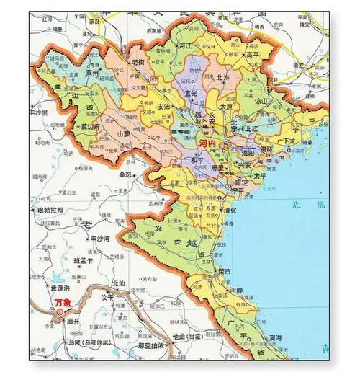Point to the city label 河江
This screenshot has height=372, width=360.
185,45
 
